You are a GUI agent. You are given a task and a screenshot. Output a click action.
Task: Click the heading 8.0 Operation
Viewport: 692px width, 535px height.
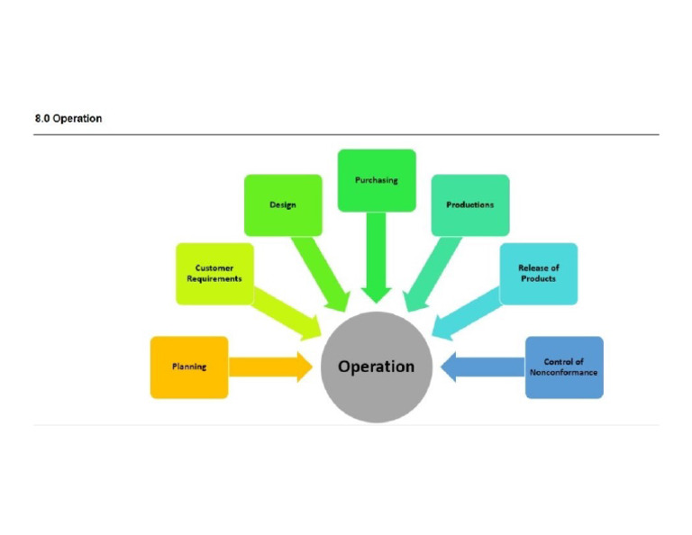(68, 118)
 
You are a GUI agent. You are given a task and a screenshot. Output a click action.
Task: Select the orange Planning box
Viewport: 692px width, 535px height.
(189, 367)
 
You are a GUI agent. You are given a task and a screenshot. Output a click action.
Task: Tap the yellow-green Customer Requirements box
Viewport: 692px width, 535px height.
(214, 273)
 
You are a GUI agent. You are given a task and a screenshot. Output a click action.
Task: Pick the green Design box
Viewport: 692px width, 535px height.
(283, 204)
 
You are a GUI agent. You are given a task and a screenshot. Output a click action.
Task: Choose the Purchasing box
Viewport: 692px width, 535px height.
(377, 180)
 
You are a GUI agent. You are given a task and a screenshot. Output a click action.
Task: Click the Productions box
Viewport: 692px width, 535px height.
(469, 204)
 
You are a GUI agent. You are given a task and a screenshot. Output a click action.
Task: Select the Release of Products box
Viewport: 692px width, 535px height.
(538, 273)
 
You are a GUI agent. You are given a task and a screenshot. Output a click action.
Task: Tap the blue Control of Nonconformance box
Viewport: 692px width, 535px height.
(564, 367)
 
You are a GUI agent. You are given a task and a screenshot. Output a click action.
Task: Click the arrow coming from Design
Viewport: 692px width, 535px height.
(328, 270)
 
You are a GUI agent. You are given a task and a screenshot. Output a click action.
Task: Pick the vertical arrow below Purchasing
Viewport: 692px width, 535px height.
(377, 257)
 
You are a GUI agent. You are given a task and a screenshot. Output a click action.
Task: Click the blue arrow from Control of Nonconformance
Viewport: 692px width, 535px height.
(483, 367)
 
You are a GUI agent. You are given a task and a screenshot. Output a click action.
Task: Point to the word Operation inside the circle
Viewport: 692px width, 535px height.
(377, 367)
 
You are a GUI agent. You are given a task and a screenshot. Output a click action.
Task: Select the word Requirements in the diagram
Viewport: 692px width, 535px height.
(214, 279)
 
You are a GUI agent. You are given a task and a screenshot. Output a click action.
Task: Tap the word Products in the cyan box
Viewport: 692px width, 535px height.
(538, 279)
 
